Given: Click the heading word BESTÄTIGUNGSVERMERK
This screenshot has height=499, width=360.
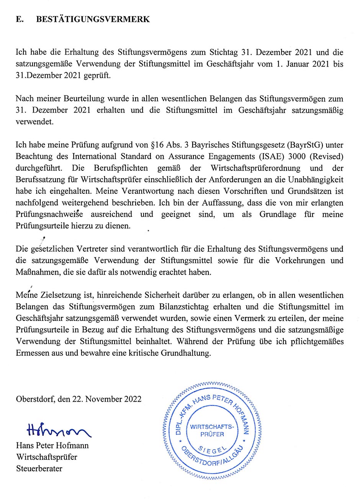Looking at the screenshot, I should pos(93,20).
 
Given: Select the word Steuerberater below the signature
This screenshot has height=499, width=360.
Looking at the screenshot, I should pos(39,468).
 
